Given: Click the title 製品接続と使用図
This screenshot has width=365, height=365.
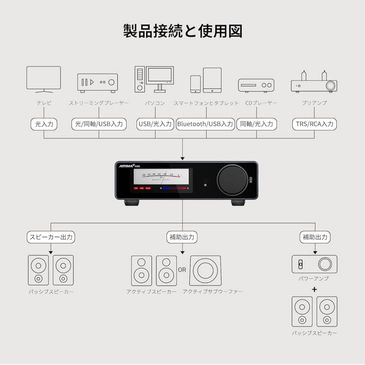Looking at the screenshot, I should coord(182,31).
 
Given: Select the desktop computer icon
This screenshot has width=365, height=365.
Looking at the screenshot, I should coord(154,79).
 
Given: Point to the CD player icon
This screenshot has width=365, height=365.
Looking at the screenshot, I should coord(256,86).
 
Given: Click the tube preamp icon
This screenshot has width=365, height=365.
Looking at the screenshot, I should coord(314,82).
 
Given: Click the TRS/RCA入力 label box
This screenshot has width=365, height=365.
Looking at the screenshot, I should coord(314,124).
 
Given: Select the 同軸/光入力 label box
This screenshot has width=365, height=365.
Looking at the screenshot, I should coord(256,124).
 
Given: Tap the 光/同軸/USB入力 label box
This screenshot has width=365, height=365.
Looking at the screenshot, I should coord(99,124).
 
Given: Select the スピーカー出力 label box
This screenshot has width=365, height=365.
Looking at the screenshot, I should coord(51,237).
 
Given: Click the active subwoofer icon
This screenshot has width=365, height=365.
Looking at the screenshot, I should coord(205,270).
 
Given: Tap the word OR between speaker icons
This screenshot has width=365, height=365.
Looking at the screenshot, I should coord(182,270).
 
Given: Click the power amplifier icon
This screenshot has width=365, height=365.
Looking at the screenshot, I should coord(314,264).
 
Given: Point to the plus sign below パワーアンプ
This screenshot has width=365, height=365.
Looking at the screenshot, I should coord(315,289).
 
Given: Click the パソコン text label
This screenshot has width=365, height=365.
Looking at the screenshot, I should coord(155,103).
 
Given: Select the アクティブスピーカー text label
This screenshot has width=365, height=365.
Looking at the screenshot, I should coord(151,291).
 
